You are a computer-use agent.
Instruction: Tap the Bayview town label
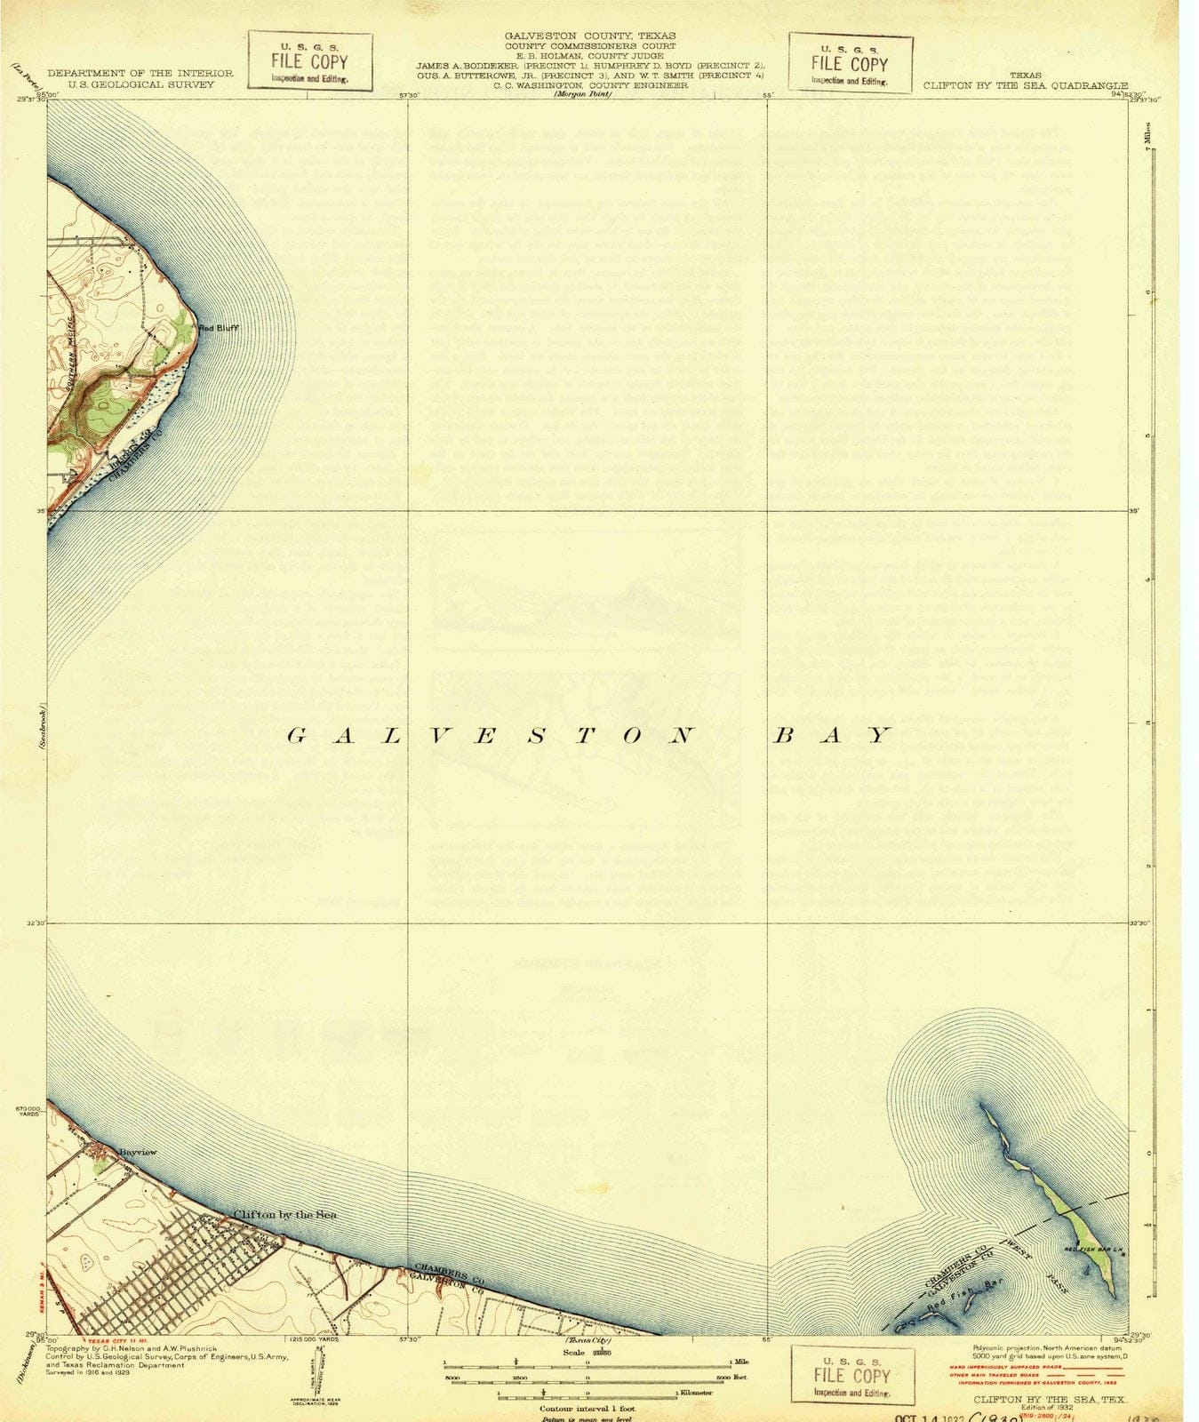click(x=138, y=1152)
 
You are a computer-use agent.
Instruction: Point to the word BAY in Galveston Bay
click(x=830, y=735)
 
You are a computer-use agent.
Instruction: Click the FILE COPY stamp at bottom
click(x=852, y=1375)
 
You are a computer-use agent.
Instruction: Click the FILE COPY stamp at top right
click(x=851, y=63)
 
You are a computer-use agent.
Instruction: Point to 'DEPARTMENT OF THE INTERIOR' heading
click(x=140, y=73)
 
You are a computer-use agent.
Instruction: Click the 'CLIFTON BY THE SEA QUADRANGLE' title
click(x=1026, y=86)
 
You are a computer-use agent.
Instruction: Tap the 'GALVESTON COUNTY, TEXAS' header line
click(x=590, y=36)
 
